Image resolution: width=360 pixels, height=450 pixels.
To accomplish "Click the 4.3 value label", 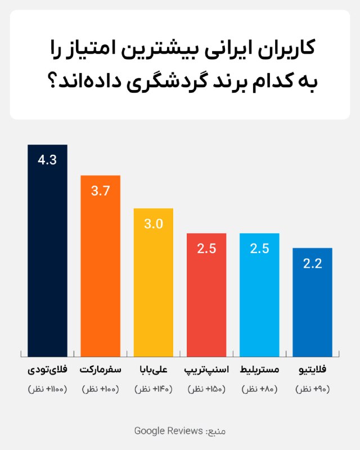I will (x=47, y=160).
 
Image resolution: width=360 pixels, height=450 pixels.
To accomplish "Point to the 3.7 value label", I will (x=100, y=191).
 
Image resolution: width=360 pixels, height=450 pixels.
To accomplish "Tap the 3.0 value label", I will (x=153, y=224).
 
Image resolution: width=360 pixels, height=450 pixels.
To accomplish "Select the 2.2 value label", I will (x=312, y=263).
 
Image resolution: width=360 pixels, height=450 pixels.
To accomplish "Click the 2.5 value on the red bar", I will (x=206, y=248).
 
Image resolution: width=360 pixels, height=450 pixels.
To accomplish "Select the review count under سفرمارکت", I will (x=100, y=389).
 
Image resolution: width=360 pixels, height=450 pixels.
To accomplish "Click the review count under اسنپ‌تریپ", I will (x=206, y=389).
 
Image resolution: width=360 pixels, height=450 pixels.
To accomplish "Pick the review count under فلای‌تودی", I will (x=47, y=389).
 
